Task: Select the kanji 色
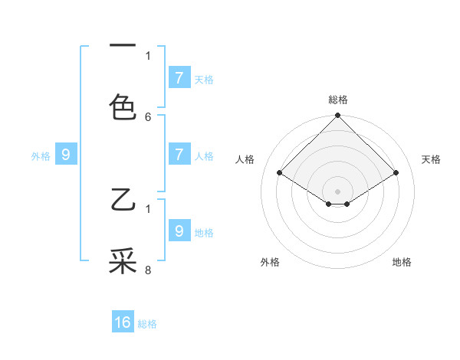click(x=123, y=106)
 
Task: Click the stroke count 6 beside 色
click(x=148, y=117)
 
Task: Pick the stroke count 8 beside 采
click(x=148, y=270)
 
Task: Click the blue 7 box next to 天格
click(x=179, y=77)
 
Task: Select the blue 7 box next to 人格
click(x=179, y=155)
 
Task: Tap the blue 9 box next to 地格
click(x=179, y=231)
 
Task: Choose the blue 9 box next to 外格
click(x=66, y=155)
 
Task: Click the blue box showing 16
click(x=123, y=322)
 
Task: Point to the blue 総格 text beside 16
click(x=147, y=324)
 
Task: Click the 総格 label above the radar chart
click(x=338, y=100)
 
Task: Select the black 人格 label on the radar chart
click(x=245, y=159)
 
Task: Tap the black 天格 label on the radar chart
click(x=431, y=159)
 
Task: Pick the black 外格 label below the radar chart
click(x=270, y=262)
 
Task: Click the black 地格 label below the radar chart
click(x=402, y=262)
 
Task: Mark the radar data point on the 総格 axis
click(x=338, y=116)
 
